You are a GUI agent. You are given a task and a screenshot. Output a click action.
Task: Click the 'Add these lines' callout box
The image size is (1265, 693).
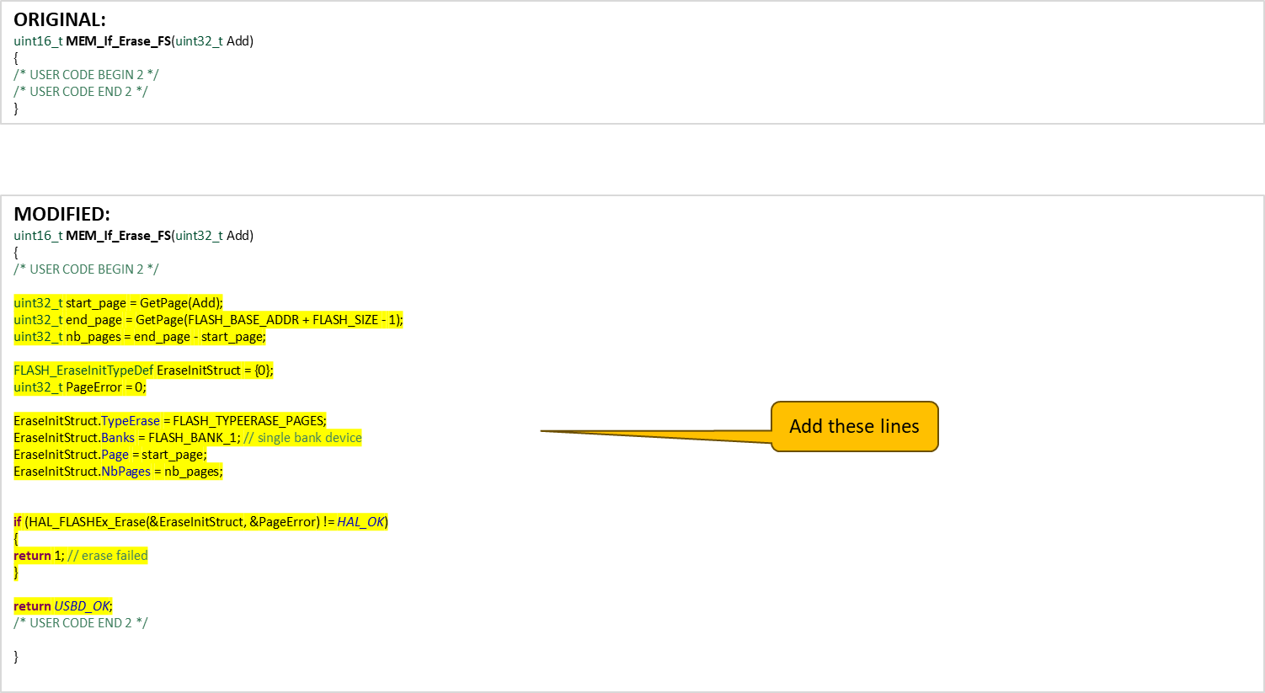pos(854,426)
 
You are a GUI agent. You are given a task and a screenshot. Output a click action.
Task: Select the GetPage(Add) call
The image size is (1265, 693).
pos(181,303)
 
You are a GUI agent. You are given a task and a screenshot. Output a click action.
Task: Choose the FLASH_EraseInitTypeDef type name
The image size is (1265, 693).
pos(83,370)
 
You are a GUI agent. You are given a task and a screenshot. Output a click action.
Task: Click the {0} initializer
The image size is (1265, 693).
pos(263,370)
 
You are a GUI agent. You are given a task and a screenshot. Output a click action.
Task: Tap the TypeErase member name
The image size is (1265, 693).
pos(131,421)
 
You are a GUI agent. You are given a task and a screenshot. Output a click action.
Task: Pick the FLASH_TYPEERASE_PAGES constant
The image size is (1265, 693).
pos(248,421)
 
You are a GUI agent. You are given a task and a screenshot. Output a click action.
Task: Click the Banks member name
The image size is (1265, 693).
pos(118,438)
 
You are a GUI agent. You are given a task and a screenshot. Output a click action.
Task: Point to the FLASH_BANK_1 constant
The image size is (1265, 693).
pos(193,438)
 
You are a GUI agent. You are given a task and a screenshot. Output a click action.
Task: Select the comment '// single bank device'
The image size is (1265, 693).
pos(302,438)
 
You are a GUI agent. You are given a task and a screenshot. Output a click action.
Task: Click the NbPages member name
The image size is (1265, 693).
pos(125,472)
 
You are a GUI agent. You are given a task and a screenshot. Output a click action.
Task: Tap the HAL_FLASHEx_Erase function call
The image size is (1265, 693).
pos(85,522)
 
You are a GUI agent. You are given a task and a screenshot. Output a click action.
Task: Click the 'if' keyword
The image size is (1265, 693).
pos(18,522)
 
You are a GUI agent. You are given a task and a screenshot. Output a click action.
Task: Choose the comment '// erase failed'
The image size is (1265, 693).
pos(108,556)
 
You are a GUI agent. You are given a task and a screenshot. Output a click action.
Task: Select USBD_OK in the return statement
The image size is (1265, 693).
pos(83,606)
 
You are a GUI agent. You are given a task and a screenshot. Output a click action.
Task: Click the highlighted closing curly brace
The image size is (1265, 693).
pos(16,573)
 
